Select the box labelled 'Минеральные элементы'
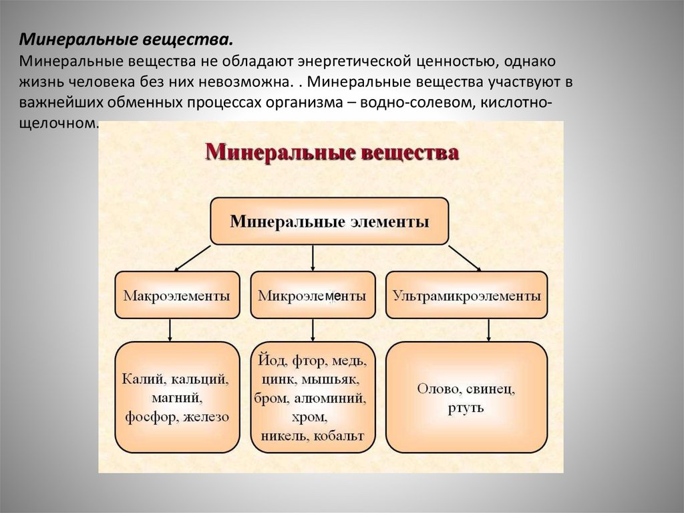pos(329,221)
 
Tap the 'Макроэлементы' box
pos(177,295)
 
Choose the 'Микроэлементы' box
pos(312,295)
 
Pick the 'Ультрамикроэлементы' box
pos(466,295)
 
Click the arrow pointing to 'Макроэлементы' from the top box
pos(194,257)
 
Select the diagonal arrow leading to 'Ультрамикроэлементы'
pos(464,258)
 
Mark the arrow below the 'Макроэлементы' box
pos(171,329)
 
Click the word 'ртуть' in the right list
pos(466,407)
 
